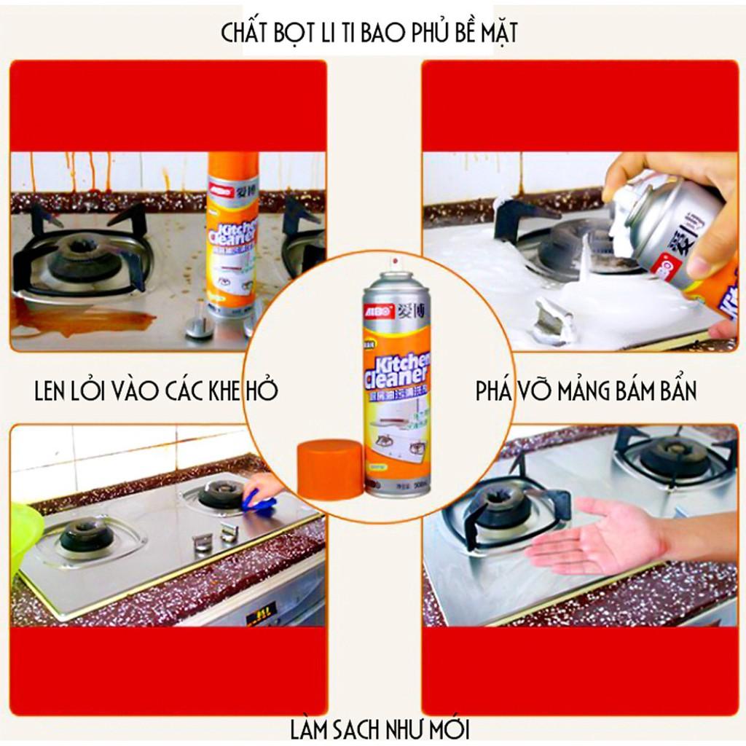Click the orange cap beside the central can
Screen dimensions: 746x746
pyautogui.click(x=330, y=469)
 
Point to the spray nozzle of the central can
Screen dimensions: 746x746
pyautogui.click(x=394, y=264)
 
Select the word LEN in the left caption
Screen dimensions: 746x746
pyautogui.click(x=55, y=391)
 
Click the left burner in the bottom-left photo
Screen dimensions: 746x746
pyautogui.click(x=86, y=536)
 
